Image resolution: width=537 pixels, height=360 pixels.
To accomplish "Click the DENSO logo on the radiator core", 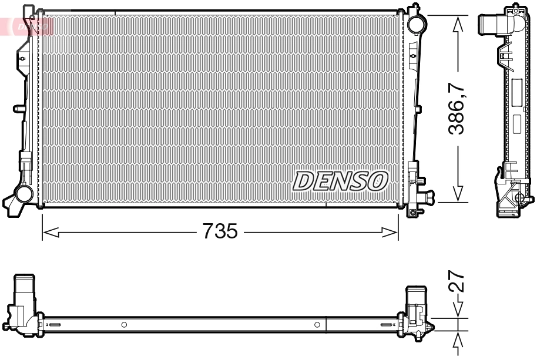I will point(341,181).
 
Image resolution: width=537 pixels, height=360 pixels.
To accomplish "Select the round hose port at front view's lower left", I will point(24,193).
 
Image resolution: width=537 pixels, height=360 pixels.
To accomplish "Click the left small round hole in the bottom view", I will point(124,325).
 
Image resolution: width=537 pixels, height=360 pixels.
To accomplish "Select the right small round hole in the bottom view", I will point(317,325).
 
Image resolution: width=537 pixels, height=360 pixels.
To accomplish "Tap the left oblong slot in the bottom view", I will point(53,325).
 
